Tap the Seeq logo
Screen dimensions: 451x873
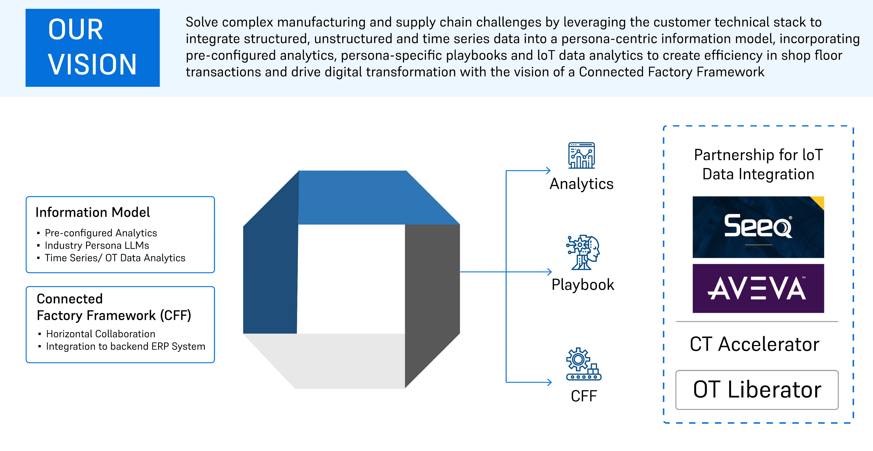pyautogui.click(x=758, y=227)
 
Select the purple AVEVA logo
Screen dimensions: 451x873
pyautogui.click(x=758, y=288)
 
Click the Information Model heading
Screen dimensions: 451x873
pyautogui.click(x=93, y=212)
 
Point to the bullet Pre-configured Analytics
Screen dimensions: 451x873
pyautogui.click(x=101, y=233)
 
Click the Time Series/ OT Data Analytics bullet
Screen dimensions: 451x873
pyautogui.click(x=115, y=258)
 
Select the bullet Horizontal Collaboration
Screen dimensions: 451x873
pyautogui.click(x=101, y=334)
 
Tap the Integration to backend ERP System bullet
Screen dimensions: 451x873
pyautogui.click(x=125, y=347)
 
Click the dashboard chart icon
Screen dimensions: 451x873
pyautogui.click(x=581, y=156)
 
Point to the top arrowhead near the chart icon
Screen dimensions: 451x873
pyautogui.click(x=548, y=171)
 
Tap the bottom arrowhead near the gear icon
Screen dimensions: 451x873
pyautogui.click(x=549, y=382)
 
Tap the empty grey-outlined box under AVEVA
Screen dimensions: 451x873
pyautogui.click(x=757, y=390)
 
